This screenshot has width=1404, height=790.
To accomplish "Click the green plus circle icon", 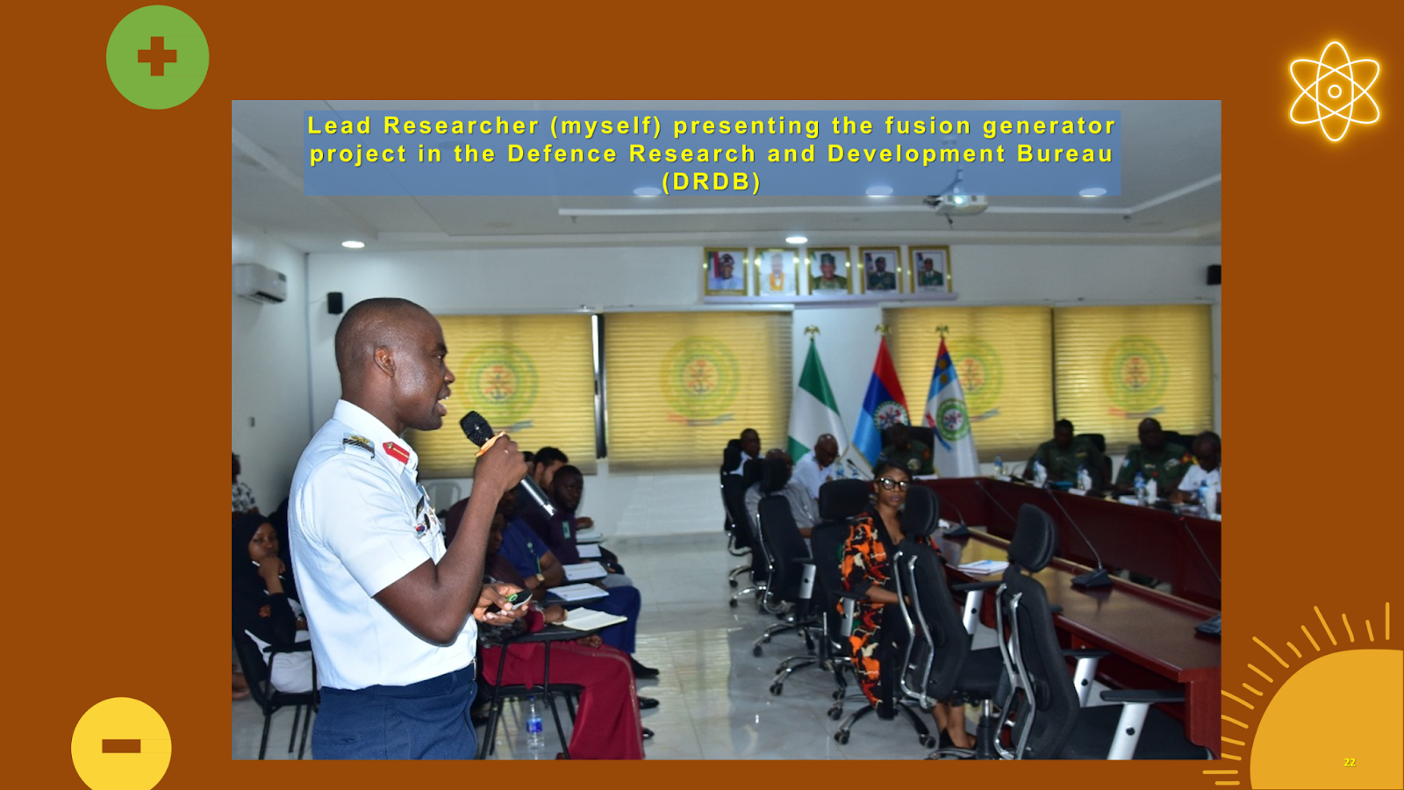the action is (157, 57).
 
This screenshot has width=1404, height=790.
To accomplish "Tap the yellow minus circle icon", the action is (121, 744).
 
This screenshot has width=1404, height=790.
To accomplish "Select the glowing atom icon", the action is (1335, 91).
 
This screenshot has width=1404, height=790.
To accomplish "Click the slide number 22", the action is (1350, 763).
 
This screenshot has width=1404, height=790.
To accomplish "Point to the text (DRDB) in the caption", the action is (712, 182).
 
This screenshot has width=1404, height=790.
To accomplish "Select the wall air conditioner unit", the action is (260, 283).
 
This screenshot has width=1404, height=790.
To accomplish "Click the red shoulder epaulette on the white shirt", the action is (396, 451).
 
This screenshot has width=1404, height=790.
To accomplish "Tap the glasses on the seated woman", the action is (893, 484).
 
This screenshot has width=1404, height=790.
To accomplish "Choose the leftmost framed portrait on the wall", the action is (726, 271).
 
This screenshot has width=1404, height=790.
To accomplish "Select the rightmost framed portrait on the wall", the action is (930, 269).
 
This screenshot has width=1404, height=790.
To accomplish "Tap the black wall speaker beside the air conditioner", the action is (335, 303).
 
